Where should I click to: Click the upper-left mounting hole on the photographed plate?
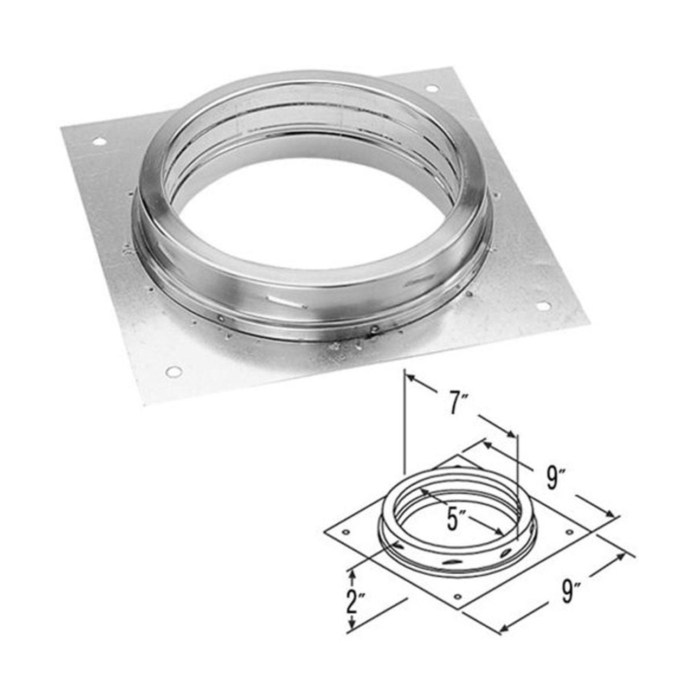coord(99,142)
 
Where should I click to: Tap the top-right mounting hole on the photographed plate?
coord(431,88)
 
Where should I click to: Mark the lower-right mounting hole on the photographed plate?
coord(544,306)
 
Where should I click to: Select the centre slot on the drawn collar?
coord(450,564)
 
